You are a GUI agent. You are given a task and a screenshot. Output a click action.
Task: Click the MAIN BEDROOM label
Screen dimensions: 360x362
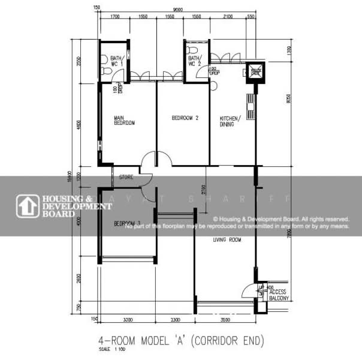pos(124,120)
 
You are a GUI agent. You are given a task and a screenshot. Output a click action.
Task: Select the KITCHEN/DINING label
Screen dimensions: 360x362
pos(230,121)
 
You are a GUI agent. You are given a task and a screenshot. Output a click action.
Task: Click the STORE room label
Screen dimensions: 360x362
pos(126,177)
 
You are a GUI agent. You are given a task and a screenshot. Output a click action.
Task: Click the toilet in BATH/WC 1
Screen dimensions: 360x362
pos(105,71)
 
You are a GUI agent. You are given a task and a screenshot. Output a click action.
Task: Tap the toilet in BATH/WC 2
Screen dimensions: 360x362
pos(191,49)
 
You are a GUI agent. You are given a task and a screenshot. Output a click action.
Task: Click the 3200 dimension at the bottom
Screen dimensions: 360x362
pos(127,319)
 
